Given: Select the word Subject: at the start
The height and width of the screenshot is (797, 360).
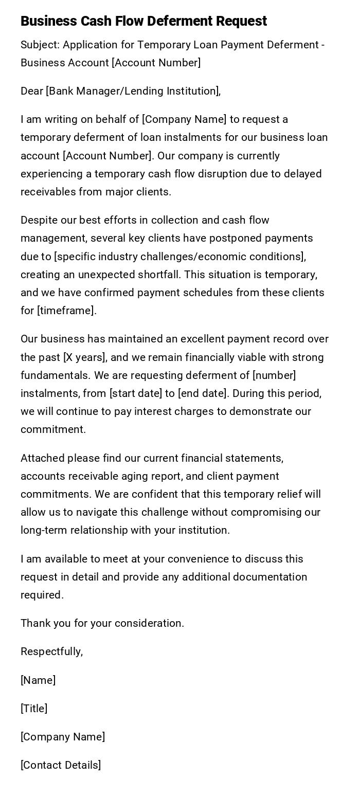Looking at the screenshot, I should click(40, 45).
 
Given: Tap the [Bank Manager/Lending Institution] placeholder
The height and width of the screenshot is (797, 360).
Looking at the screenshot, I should click(133, 91).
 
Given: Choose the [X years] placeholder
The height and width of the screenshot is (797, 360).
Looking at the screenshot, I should click(85, 357).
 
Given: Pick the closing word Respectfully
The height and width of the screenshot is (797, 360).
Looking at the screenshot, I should click(51, 651).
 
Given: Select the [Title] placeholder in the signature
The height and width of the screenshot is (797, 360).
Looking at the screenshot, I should click(34, 709).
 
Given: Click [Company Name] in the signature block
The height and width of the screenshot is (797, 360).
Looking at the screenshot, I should click(63, 737).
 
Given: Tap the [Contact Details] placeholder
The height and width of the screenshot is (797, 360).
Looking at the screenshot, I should click(61, 765).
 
